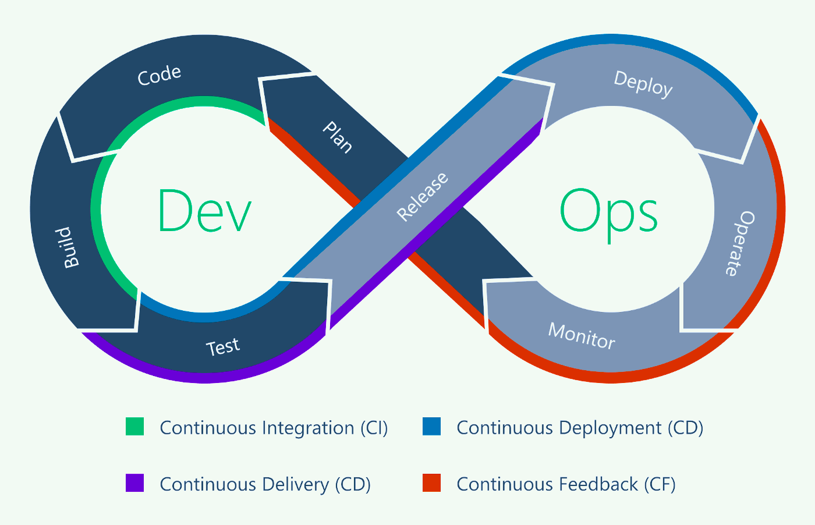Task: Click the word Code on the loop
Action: pos(160,75)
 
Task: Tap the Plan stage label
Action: pos(338,137)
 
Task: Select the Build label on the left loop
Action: pos(70,247)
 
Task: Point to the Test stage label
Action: pos(223,347)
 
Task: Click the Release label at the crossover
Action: pos(423,196)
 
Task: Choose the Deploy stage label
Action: pos(643,84)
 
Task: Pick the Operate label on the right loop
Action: pos(740,243)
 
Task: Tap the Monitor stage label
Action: pos(582,336)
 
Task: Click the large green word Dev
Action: pos(204,211)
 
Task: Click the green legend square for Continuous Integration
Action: pos(134,427)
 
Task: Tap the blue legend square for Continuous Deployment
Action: pos(431,427)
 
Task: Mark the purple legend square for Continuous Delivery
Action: pos(134,483)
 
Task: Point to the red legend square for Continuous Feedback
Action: pos(431,483)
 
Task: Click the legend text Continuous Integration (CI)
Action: pos(274,428)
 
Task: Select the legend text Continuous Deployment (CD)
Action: pos(580,428)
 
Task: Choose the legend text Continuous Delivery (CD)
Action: pos(265,484)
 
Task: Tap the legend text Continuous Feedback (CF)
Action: pos(566,484)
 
